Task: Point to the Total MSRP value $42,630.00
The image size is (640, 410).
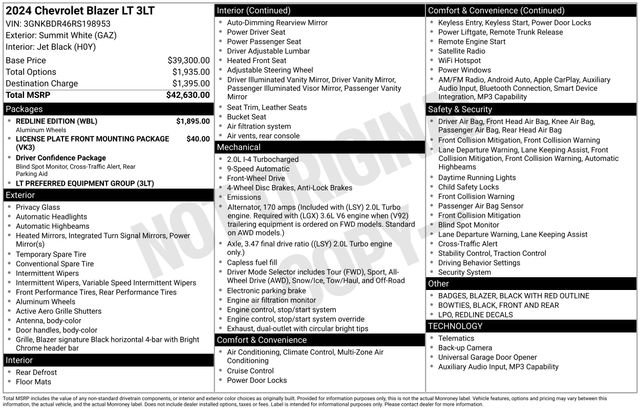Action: [187, 95]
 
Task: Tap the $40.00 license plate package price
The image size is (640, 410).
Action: [198, 139]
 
